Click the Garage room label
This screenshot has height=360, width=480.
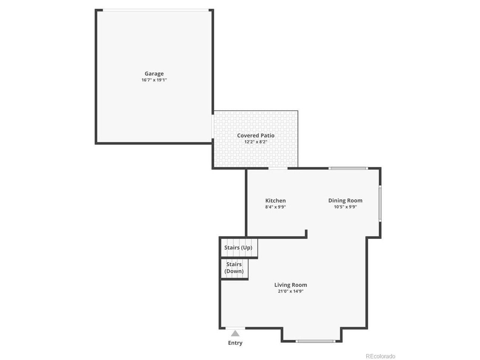(154, 73)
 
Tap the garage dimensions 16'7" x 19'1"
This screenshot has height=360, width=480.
(154, 80)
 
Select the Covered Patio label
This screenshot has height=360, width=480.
(256, 135)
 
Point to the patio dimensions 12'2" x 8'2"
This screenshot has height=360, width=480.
(256, 142)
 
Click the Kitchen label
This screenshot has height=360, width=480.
(275, 200)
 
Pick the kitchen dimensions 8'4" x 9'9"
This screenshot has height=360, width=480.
(275, 207)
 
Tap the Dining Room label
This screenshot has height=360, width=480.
(345, 201)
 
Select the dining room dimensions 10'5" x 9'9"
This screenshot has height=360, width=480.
(345, 207)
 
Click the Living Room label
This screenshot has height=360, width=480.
(290, 285)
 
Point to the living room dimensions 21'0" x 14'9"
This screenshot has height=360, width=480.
(290, 291)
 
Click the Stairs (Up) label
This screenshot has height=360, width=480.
(238, 247)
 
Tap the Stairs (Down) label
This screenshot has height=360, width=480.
(234, 268)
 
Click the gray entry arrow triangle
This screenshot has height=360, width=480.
(235, 333)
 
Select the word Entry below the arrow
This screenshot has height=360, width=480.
(235, 343)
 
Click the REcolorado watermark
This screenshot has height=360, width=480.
(381, 356)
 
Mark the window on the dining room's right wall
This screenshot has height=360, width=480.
(380, 203)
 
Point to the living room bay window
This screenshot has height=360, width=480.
(315, 341)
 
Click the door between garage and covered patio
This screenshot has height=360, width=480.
(213, 126)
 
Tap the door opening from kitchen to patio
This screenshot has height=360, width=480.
(278, 168)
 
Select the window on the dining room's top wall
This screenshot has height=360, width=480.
(348, 168)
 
